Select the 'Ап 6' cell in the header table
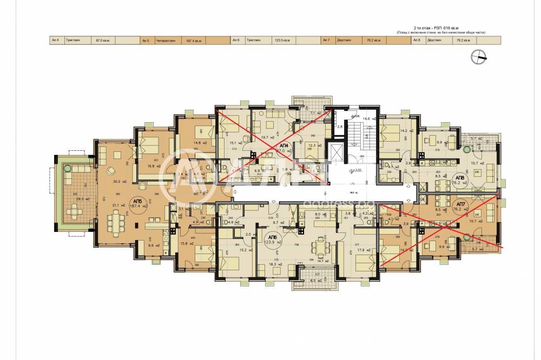[x=236, y=40]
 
